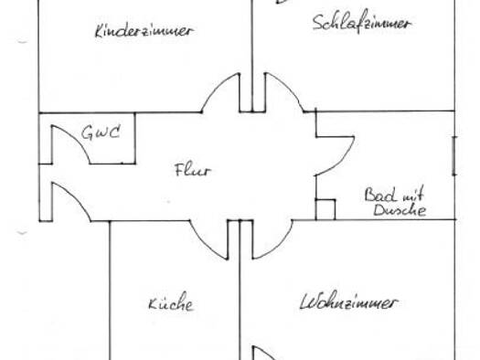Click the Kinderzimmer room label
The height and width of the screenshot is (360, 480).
point(144,30)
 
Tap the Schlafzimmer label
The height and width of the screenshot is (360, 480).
point(362,22)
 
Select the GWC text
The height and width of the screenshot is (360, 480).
point(101,132)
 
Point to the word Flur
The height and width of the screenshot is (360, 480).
point(193,170)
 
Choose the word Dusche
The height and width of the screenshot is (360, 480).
point(400,210)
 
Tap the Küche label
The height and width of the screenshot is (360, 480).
point(171,302)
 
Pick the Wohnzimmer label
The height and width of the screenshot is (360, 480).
point(348,302)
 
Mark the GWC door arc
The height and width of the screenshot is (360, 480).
point(77,138)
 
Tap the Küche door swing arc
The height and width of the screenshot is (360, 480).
point(204,245)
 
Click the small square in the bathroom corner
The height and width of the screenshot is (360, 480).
point(325,209)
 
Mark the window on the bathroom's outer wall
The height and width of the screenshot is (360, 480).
point(454,156)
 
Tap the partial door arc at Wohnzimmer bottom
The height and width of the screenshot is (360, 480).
point(266,352)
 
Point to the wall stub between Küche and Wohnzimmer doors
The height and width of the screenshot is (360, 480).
point(240,239)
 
